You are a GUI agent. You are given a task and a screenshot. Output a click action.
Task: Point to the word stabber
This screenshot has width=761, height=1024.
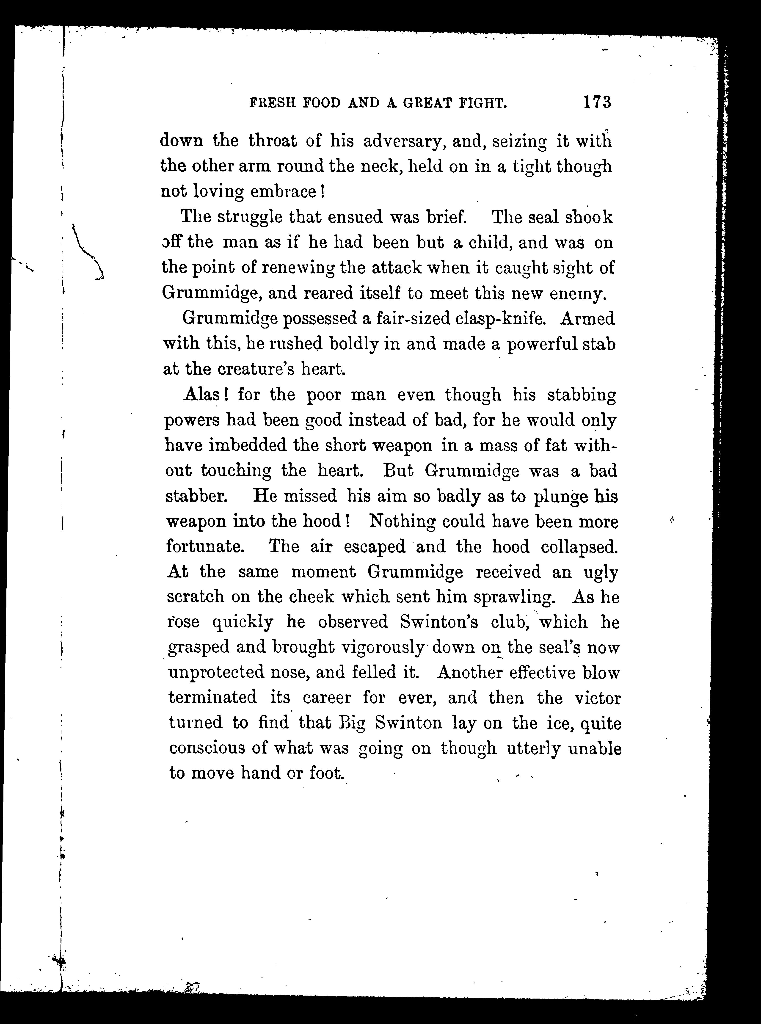(195, 496)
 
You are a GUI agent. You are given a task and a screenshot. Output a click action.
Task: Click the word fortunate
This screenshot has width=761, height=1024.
(204, 547)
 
